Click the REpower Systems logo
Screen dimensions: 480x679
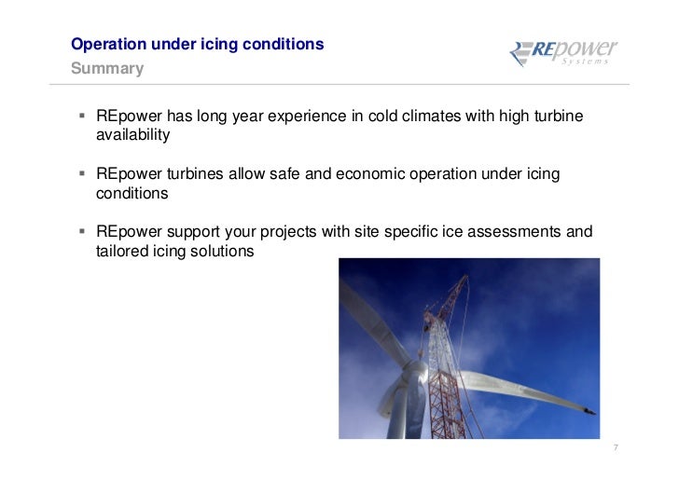point(562,53)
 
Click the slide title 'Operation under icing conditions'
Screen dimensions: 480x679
point(198,44)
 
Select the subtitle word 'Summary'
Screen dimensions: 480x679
point(108,69)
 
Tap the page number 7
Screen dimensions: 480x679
point(616,449)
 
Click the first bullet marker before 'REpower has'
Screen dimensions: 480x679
point(83,117)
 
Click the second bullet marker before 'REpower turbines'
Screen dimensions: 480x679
point(83,174)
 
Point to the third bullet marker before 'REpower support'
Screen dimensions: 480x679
point(83,231)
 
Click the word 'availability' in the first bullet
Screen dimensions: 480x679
point(132,135)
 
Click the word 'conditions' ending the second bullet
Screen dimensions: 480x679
point(132,193)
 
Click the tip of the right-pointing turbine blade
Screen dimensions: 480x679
point(591,411)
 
